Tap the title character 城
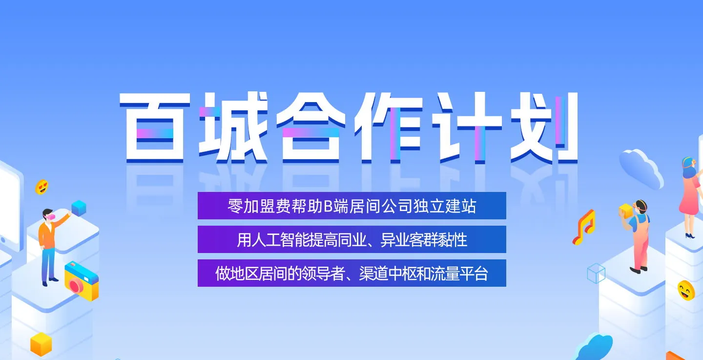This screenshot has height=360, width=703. tap(233, 127)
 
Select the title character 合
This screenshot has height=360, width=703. tap(310, 127)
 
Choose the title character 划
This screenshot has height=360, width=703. tap(544, 127)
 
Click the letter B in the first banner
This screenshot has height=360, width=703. tap(328, 207)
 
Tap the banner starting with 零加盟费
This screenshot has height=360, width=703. tap(352, 206)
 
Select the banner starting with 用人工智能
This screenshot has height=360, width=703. tap(352, 239)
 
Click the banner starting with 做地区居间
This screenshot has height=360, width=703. tap(352, 273)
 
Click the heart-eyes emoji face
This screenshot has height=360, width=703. tap(42, 187)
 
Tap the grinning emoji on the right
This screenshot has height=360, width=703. tap(686, 291)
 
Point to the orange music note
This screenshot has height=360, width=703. tap(584, 228)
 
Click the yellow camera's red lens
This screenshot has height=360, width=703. tap(76, 286)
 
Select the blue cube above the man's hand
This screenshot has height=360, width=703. tap(79, 208)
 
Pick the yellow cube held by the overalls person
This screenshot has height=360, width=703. tap(626, 211)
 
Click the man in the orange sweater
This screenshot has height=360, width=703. tap(50, 247)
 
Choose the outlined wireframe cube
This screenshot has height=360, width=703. tap(596, 274)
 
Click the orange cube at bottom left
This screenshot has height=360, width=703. tap(41, 344)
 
